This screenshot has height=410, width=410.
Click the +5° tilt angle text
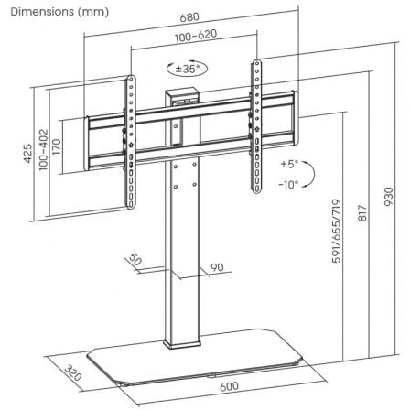(x=289, y=165)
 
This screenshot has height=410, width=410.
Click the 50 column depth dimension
(x=136, y=262)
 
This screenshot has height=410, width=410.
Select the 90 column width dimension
(x=218, y=267)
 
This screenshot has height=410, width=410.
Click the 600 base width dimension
(x=229, y=386)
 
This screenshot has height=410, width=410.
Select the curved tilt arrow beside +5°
(x=311, y=173)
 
